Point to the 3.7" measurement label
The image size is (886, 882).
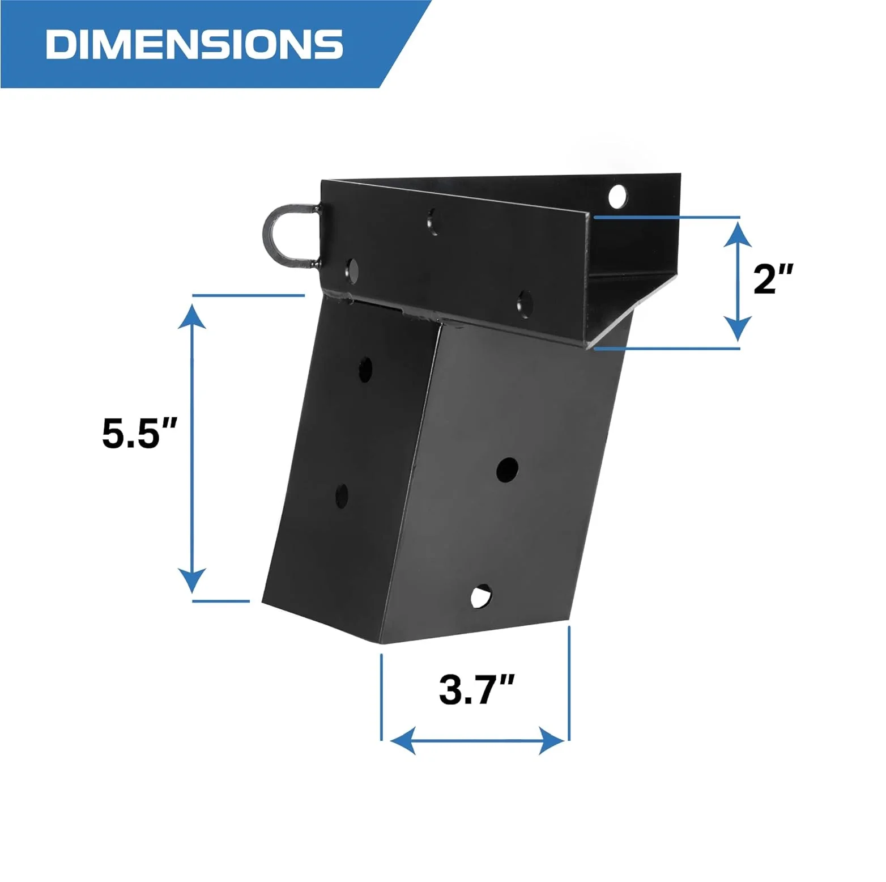pyautogui.click(x=476, y=690)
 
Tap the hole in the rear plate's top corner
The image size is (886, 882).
pyautogui.click(x=617, y=196)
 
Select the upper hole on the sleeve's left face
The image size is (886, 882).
pyautogui.click(x=365, y=369)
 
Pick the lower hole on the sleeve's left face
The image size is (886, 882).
pyautogui.click(x=342, y=495)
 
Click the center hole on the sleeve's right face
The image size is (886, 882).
pyautogui.click(x=507, y=469)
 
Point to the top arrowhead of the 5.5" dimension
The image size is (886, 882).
pyautogui.click(x=192, y=316)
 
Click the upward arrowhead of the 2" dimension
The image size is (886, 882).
pyautogui.click(x=738, y=234)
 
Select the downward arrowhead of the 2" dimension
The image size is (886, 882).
pyautogui.click(x=738, y=329)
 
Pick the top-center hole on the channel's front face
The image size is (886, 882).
pyautogui.click(x=433, y=221)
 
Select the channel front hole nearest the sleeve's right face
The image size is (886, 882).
pyautogui.click(x=525, y=304)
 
